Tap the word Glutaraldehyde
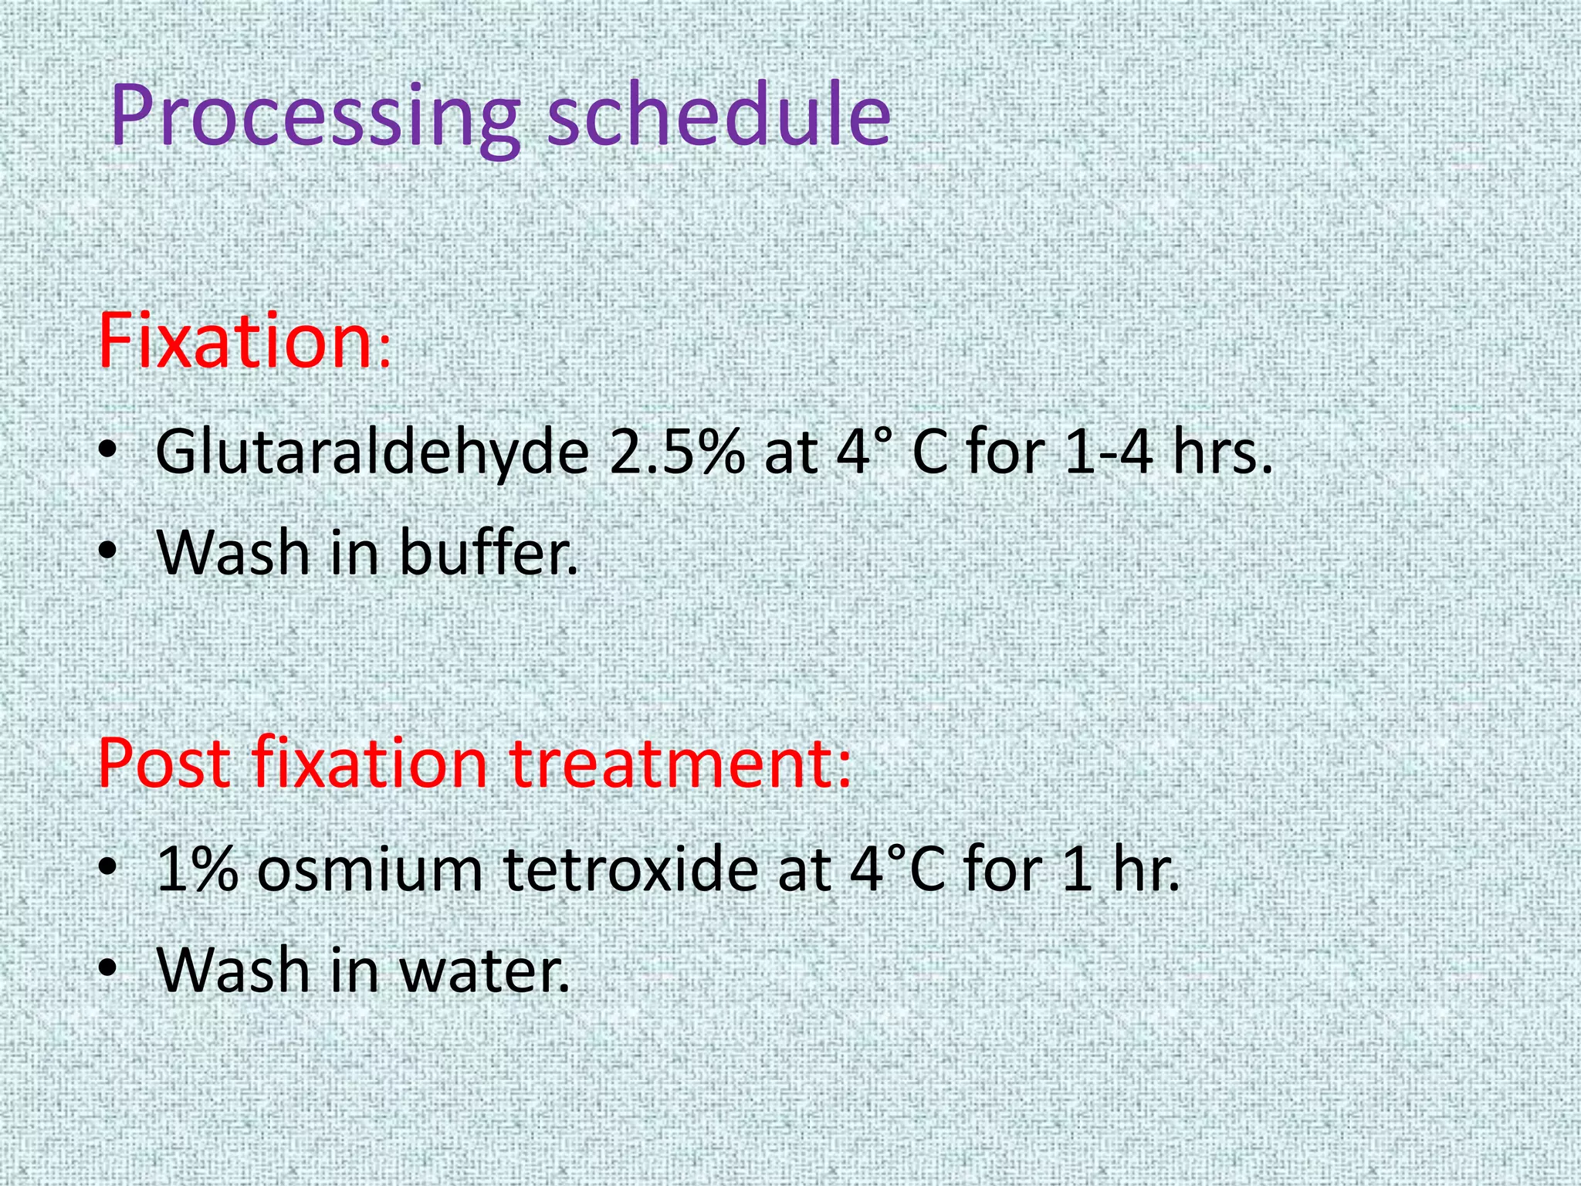point(371,453)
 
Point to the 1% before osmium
point(197,869)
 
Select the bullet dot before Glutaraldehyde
point(109,452)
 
